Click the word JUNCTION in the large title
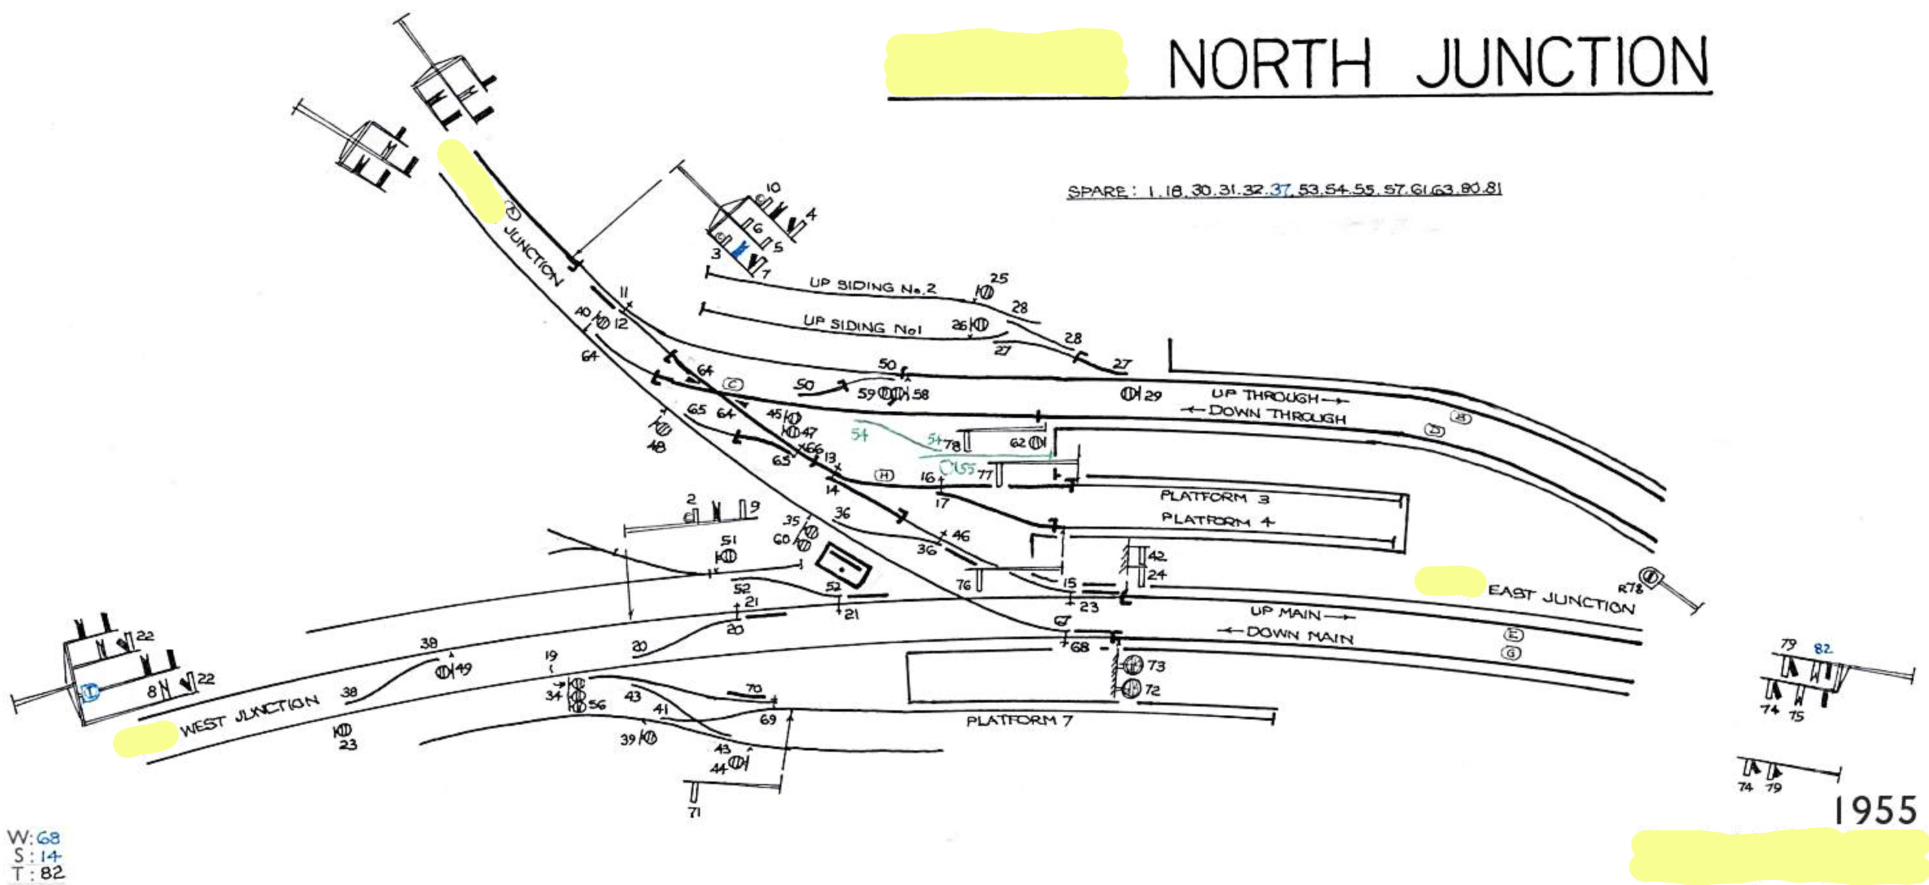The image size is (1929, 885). click(1562, 62)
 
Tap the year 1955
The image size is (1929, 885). click(1874, 811)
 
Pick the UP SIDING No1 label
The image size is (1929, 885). click(862, 325)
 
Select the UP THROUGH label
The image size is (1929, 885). click(1265, 395)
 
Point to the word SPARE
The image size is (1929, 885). click(1096, 191)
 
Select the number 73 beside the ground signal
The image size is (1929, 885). click(1156, 665)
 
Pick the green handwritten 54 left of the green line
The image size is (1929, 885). click(860, 434)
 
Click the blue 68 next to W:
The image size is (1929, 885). click(48, 837)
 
